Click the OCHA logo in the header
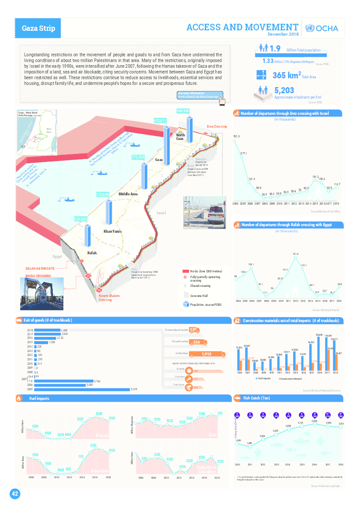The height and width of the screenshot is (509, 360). pos(321,28)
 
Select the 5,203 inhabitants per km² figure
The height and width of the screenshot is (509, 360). pos(284,91)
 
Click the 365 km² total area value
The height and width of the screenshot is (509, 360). pos(286,75)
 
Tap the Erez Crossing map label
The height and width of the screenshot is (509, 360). pos(217,127)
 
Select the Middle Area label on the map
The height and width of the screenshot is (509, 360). pos(128,194)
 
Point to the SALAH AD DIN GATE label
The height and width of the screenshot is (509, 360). pos(40,268)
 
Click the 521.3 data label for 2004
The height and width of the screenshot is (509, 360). pos(236,136)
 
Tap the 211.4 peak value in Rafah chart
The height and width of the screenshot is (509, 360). pos(296,254)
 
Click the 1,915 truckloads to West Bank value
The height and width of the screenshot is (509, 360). pos(206,354)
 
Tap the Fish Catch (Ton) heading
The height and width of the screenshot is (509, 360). pos(257,399)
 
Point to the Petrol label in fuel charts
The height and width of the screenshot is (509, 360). pos(102,436)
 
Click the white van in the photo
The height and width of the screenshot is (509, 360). pos(216,214)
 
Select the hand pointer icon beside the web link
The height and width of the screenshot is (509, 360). pos(224,100)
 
